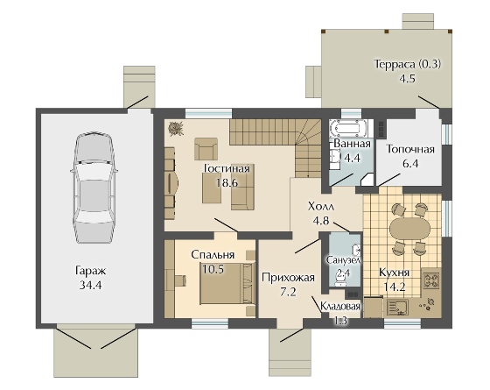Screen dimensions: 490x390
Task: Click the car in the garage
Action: point(94,188)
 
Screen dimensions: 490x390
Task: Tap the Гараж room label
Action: point(91,271)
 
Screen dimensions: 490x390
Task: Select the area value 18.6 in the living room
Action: point(227,182)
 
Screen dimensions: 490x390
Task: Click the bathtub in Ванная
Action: point(347,128)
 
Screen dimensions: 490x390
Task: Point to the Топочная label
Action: point(410,149)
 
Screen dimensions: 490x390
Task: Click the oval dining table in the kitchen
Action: point(409,228)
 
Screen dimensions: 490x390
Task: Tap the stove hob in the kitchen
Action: point(431,280)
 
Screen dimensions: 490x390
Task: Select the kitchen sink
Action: point(397,307)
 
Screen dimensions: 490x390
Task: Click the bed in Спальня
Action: point(227,283)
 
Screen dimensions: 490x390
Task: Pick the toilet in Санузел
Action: point(340,281)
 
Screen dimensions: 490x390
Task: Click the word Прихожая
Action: point(288,277)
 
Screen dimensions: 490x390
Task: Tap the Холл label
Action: point(321,207)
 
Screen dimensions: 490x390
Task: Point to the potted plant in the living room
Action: point(176,129)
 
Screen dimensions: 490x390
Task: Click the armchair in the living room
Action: point(206,149)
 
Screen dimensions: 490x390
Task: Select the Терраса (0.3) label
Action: point(408,64)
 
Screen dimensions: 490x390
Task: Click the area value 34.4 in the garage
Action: point(91,285)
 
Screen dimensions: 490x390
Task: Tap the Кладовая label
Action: point(340,306)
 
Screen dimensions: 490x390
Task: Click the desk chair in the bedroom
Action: point(179,280)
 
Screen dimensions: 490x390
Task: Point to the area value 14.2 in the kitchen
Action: point(395,287)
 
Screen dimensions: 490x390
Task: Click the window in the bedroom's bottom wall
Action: point(210,323)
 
